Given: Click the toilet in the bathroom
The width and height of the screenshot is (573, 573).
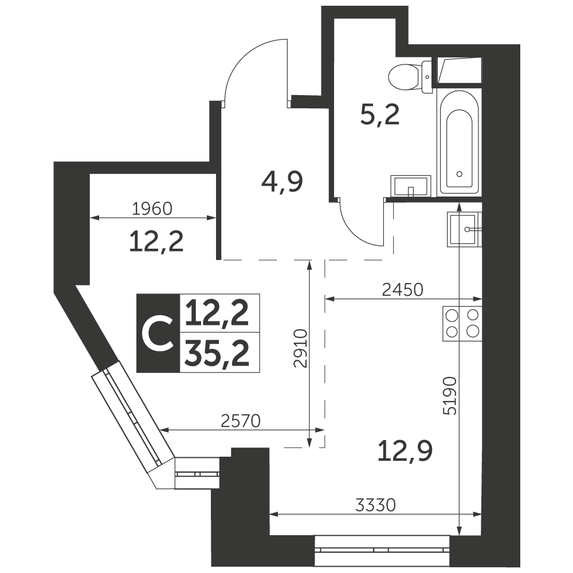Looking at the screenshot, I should click(x=409, y=76).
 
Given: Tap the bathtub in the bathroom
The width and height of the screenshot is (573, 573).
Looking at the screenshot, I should click(x=459, y=143).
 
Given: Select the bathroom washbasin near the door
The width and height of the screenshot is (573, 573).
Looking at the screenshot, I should click(x=410, y=186).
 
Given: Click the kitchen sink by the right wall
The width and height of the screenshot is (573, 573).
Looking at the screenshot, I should click(x=465, y=229).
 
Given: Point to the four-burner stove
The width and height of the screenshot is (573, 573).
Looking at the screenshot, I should click(x=462, y=323).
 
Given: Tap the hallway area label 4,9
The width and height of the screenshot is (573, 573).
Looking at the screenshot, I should click(x=281, y=183).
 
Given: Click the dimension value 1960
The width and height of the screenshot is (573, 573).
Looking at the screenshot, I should click(x=152, y=209).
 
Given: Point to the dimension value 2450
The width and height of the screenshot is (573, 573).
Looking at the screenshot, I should click(x=403, y=289).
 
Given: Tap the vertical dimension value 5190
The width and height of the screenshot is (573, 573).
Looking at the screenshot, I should click(x=452, y=395).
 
